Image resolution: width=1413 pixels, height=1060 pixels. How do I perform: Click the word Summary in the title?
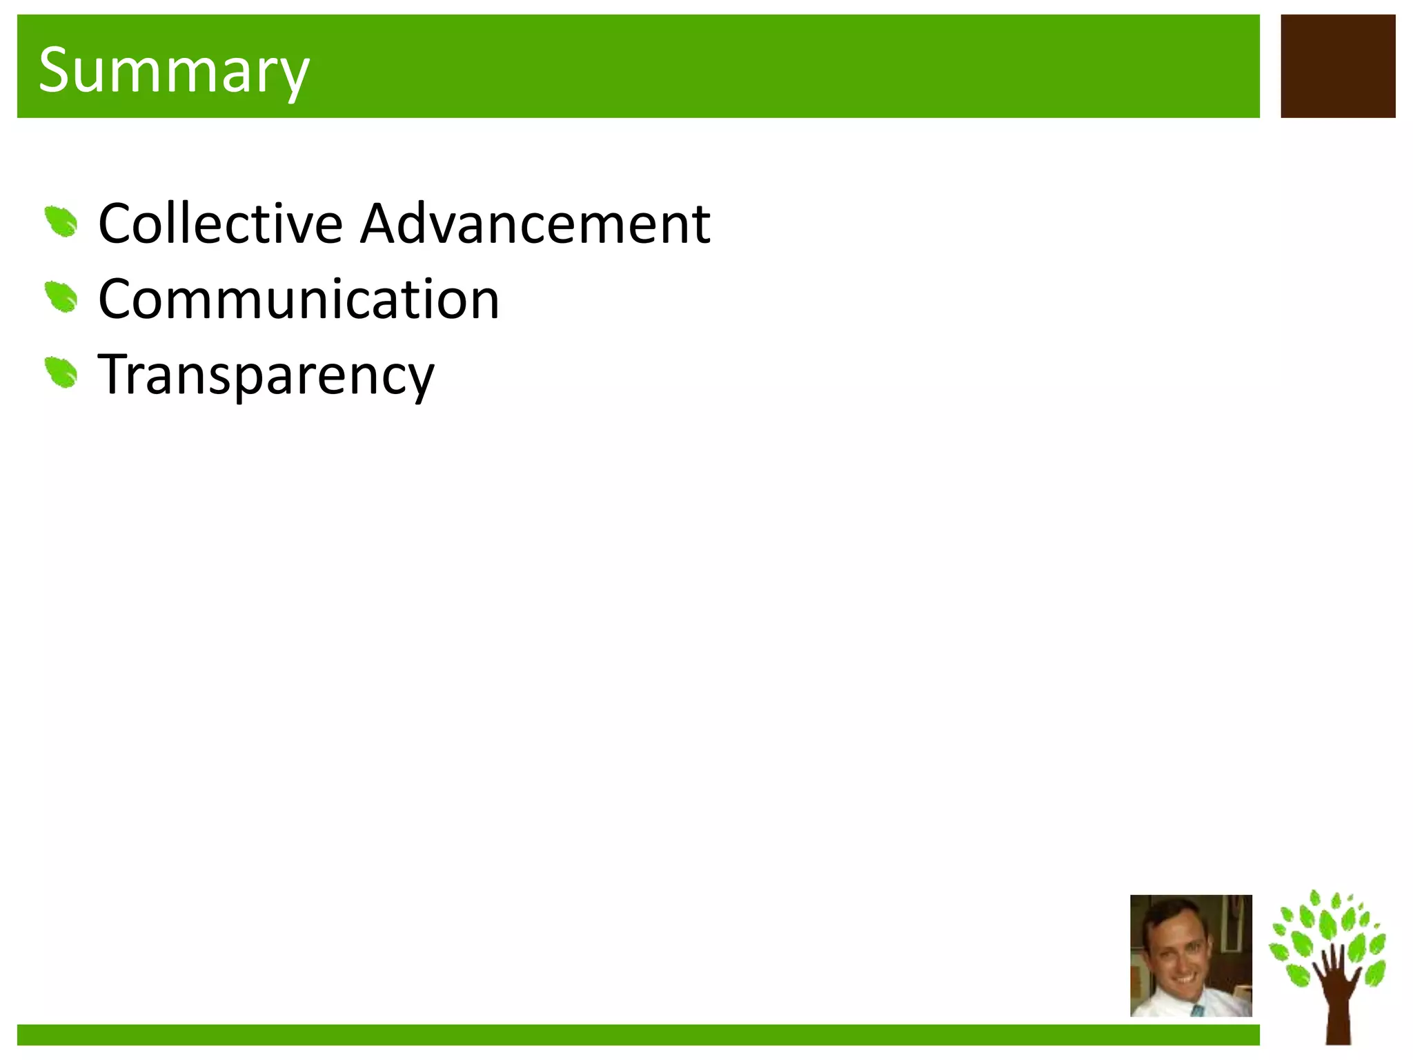click(x=174, y=70)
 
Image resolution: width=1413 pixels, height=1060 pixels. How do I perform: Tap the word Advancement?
click(x=535, y=224)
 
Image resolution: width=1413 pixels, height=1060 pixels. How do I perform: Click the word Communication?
click(x=299, y=300)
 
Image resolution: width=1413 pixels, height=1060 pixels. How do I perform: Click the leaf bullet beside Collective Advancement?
click(x=61, y=222)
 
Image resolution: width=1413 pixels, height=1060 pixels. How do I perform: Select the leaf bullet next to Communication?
click(x=61, y=297)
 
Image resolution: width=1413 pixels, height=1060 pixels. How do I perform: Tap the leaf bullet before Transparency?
click(x=61, y=373)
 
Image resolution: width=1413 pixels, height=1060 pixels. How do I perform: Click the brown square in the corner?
click(x=1338, y=66)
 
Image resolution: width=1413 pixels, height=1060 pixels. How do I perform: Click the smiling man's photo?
click(x=1191, y=956)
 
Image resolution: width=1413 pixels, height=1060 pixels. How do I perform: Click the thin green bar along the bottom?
click(x=638, y=1034)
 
